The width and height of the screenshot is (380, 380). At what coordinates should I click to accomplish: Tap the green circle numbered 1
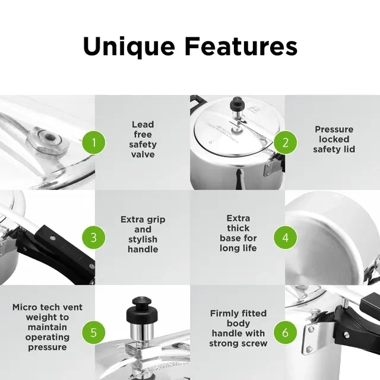[x=94, y=142]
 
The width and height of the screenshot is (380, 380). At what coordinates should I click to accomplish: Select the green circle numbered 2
[x=286, y=142]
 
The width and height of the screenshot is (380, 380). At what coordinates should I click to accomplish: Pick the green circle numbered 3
[x=94, y=237]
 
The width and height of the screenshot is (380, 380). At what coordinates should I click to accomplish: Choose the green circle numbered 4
[x=286, y=237]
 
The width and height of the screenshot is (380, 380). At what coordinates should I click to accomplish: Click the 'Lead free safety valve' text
[x=142, y=140]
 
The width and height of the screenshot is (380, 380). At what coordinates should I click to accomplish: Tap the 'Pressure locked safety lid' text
[x=334, y=140]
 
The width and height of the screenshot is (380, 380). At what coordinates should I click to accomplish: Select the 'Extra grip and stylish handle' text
[x=142, y=235]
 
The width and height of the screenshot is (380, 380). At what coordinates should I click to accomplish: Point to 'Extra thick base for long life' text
[x=237, y=235]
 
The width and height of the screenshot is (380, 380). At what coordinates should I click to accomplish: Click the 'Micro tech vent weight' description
[x=47, y=327]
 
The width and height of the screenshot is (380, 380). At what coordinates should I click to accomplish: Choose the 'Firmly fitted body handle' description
[x=238, y=328]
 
